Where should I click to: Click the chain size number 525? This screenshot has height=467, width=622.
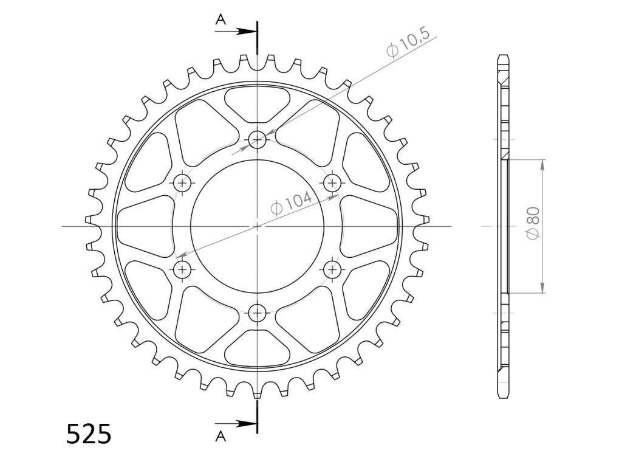pos(89,434)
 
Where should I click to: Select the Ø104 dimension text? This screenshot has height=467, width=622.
pos(291,203)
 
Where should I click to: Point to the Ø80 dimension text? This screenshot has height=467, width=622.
pos(533,223)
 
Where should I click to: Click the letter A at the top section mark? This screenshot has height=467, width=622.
pos(220,19)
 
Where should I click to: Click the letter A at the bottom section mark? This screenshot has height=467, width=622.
pos(220,437)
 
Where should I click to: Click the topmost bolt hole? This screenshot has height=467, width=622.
pos(258,139)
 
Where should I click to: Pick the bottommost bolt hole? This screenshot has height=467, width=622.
pos(258,313)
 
